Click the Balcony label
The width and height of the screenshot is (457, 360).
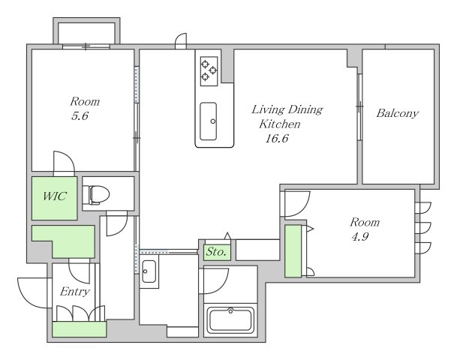397,113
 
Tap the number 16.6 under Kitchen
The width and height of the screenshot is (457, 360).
277,138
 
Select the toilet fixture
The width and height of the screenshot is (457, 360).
96,194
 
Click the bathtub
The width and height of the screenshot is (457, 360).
230,319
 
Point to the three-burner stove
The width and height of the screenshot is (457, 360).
209,70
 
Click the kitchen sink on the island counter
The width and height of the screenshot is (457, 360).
209,121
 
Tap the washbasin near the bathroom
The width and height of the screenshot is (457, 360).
149,271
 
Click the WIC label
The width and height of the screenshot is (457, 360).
55,196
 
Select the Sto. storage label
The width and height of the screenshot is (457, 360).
216,252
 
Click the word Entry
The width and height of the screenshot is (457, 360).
75,292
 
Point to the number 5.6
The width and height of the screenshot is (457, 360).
80,116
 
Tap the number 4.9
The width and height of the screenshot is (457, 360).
360,236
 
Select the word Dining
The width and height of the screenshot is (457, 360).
305,109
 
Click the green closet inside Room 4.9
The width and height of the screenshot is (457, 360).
293,251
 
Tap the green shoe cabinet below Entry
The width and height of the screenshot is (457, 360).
80,329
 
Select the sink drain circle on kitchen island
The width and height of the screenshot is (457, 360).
213,121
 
